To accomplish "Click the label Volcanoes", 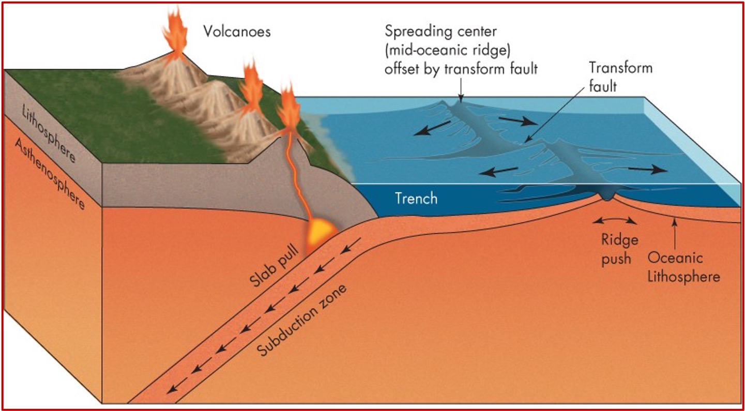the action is (x=236, y=32).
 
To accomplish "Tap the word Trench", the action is (x=416, y=198).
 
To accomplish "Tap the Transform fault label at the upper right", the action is (x=620, y=77).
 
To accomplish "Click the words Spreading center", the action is (x=440, y=31).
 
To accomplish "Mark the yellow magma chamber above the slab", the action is (x=322, y=232).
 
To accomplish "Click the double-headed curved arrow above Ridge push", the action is (x=615, y=221).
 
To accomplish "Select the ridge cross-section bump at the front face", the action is (x=608, y=195).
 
